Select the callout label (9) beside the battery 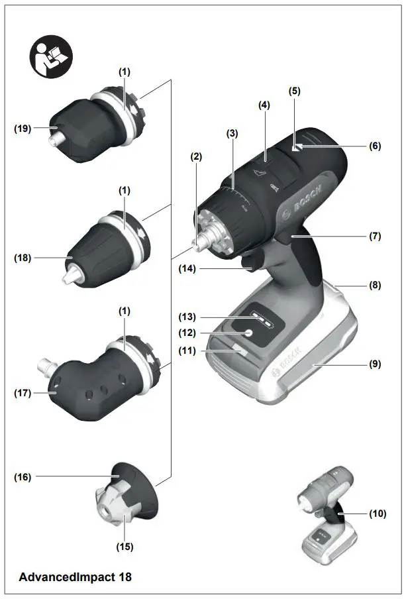tap(376, 363)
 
